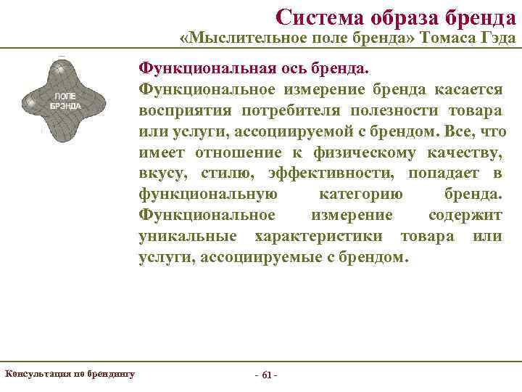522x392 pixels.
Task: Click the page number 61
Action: tap(267, 375)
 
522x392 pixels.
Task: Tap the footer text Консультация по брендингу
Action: tap(70, 374)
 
